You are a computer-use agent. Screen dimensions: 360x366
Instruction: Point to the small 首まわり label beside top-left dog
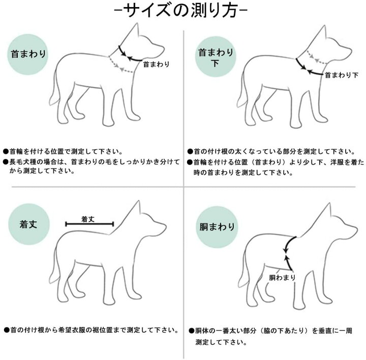coord(156,64)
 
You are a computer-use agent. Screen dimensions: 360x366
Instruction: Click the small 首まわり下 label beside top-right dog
coord(342,75)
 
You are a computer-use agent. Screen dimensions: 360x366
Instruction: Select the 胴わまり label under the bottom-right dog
coord(282,277)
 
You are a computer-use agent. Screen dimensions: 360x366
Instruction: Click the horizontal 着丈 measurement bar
coord(89,224)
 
